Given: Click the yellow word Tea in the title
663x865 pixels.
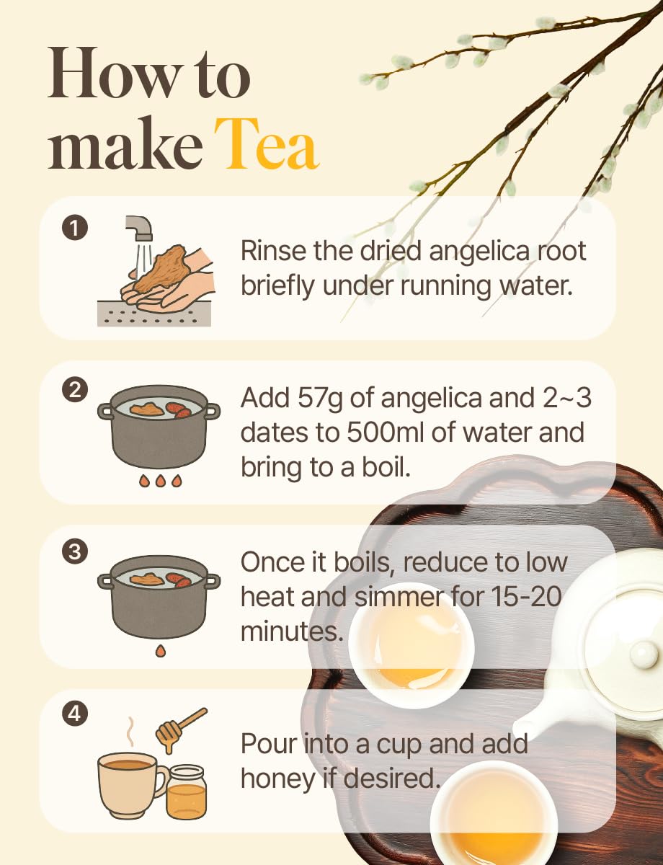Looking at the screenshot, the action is [x=267, y=143].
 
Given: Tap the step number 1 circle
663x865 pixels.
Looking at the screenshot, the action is [x=75, y=228].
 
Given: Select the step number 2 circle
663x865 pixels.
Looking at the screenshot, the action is [x=75, y=389].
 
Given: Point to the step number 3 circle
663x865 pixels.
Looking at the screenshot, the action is [x=75, y=552].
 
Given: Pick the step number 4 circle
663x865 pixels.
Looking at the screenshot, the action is [x=75, y=714].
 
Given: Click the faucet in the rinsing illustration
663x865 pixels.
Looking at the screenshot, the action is [x=140, y=228].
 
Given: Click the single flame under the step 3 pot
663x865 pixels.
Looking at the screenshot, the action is [x=161, y=651].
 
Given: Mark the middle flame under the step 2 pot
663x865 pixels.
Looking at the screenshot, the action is [x=161, y=481].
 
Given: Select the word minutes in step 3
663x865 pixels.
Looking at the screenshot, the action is [x=292, y=631].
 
